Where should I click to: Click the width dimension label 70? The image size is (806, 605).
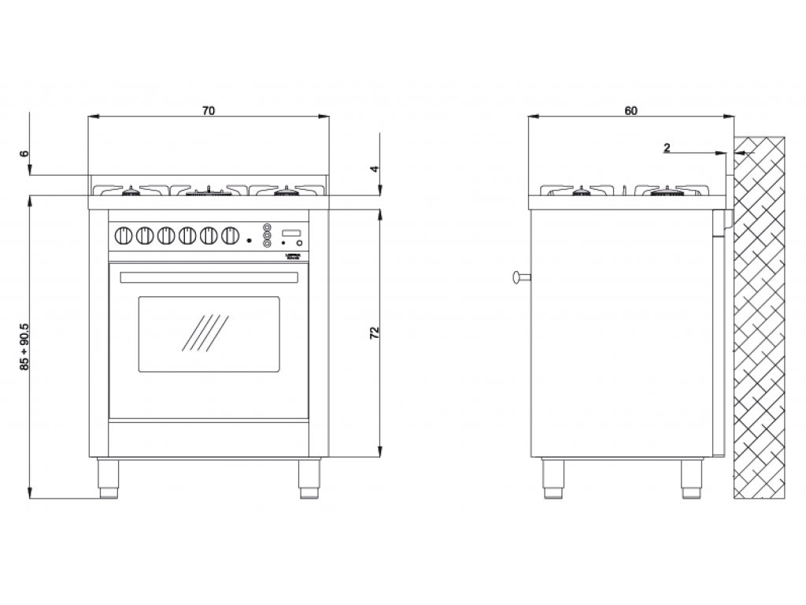click(208, 110)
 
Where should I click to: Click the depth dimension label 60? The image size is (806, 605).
click(630, 110)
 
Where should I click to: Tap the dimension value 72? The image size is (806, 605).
click(375, 332)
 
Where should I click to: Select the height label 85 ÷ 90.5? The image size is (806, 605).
click(25, 347)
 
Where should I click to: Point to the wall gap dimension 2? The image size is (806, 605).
click(667, 147)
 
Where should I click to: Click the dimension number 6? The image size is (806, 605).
click(25, 154)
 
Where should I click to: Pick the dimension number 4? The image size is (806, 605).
click(375, 169)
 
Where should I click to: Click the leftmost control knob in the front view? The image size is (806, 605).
click(124, 235)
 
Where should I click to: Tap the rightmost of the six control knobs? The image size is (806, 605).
click(230, 235)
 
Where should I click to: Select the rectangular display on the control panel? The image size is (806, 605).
click(291, 232)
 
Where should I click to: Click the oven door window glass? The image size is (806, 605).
click(209, 334)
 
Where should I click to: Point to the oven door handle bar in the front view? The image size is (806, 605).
click(209, 277)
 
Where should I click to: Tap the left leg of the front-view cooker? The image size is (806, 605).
click(109, 477)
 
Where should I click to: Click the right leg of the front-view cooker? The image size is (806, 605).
click(309, 477)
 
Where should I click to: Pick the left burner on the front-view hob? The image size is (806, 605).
click(130, 191)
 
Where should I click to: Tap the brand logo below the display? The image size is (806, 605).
click(290, 255)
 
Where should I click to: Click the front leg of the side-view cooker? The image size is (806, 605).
click(555, 477)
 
